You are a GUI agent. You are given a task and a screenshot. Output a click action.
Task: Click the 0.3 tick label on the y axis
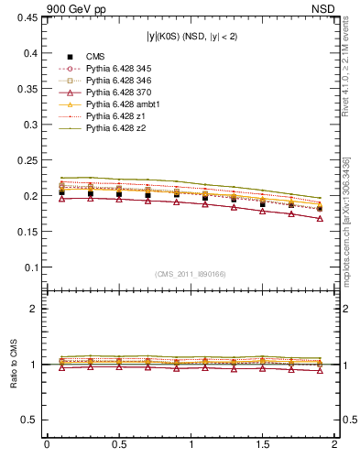coord(29,125)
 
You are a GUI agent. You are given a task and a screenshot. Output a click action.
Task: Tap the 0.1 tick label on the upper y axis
coord(29,267)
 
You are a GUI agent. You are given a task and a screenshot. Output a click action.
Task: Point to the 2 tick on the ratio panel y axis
coord(35,310)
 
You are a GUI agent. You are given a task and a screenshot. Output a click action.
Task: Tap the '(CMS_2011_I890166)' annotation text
coord(191,274)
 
